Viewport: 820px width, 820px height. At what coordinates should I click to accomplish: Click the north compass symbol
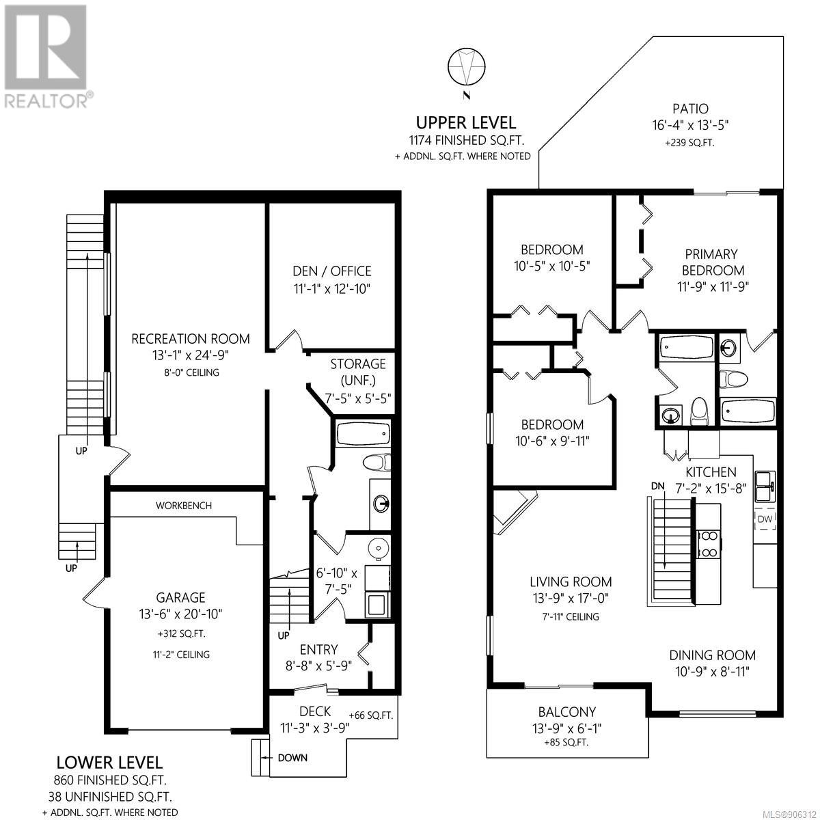466,67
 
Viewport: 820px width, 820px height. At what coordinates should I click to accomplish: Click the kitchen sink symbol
764,481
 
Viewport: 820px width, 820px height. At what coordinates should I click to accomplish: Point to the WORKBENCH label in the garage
184,506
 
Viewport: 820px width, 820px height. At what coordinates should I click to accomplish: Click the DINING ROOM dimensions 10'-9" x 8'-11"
709,671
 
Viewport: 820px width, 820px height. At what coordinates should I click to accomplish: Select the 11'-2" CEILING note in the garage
181,654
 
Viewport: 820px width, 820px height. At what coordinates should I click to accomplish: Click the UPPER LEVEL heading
466,123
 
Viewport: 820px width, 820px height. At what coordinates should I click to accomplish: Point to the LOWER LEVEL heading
109,762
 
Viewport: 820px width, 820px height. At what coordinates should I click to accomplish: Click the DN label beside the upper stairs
658,486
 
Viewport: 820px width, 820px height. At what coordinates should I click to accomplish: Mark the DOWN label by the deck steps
292,757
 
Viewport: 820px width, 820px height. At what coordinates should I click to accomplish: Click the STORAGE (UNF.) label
358,372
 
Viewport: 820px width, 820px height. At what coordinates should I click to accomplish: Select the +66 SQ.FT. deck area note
370,715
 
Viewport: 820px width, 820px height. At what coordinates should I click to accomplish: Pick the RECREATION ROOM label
191,338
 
